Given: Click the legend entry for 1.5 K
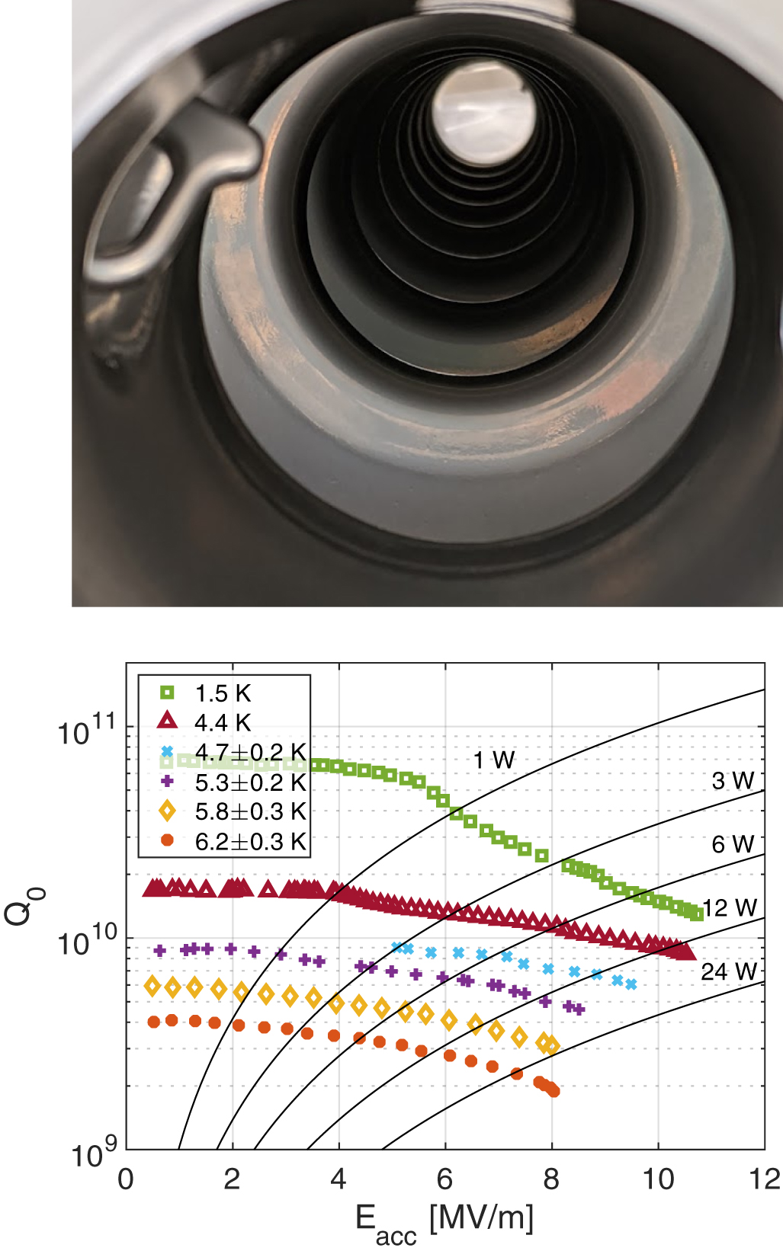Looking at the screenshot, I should (222, 693).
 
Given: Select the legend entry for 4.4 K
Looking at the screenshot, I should (222, 722).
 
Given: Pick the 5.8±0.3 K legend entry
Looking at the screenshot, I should (250, 811).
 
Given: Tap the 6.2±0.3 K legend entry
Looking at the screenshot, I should (250, 841).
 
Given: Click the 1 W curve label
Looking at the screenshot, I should (493, 760).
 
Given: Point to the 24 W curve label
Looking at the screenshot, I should (729, 971).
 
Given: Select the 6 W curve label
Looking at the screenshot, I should (733, 844).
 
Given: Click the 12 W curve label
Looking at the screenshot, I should (730, 907).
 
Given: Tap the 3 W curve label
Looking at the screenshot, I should (733, 780).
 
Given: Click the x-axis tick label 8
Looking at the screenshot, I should (551, 1179).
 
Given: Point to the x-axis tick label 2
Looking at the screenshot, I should (232, 1179).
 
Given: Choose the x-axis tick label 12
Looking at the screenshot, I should (764, 1179).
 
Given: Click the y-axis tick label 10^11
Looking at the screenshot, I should (85, 731).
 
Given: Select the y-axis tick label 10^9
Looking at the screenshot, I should (93, 1154).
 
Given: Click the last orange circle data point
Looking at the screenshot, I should (554, 1091).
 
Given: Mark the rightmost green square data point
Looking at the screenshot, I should (696, 913).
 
